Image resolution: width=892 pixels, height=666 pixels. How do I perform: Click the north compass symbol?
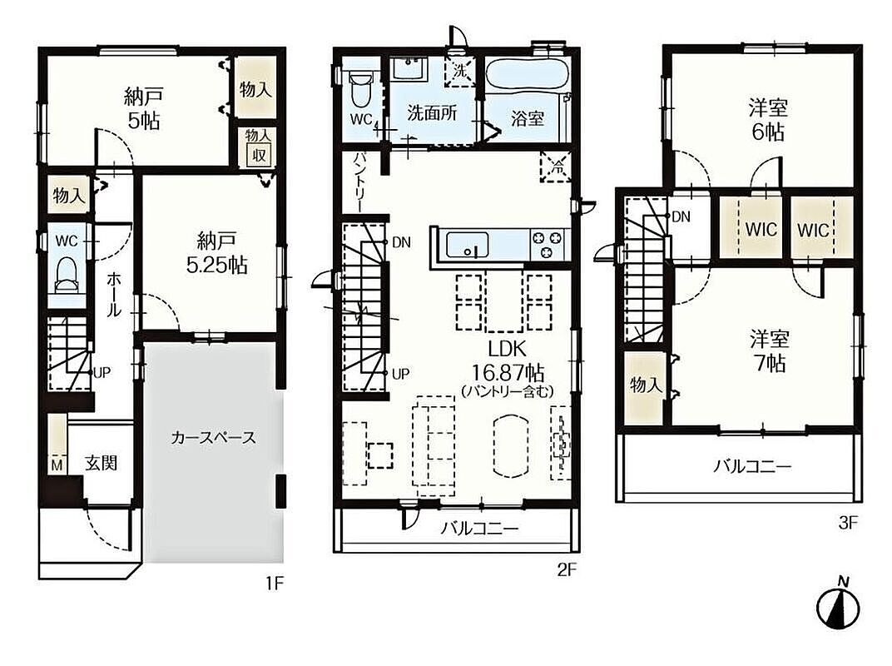(838, 604)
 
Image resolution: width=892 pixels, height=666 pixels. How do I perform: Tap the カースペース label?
(213, 438)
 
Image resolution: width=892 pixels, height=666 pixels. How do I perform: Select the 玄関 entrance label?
(101, 463)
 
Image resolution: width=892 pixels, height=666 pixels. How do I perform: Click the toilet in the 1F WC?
(67, 274)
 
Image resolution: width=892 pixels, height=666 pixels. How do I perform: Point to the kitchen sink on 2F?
(467, 245)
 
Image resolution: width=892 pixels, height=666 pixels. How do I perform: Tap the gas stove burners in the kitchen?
(548, 245)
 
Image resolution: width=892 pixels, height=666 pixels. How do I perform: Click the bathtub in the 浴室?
(526, 75)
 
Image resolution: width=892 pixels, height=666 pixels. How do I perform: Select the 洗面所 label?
(432, 112)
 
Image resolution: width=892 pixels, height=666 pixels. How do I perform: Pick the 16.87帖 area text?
(508, 373)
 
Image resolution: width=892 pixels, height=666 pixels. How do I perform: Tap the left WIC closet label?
(761, 230)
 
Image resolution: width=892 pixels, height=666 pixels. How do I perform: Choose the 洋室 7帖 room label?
(770, 350)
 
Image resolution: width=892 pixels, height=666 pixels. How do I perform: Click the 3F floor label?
(847, 523)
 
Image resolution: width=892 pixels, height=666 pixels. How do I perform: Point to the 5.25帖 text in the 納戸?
(216, 265)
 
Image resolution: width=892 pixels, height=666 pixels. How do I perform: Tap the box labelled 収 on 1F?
(259, 154)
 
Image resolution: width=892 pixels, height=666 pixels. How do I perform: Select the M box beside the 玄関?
(57, 465)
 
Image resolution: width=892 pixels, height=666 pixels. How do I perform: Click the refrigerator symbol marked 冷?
(556, 167)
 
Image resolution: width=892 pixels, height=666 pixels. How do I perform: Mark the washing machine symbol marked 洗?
(459, 71)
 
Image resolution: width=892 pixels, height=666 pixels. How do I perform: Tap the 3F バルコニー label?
(752, 467)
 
